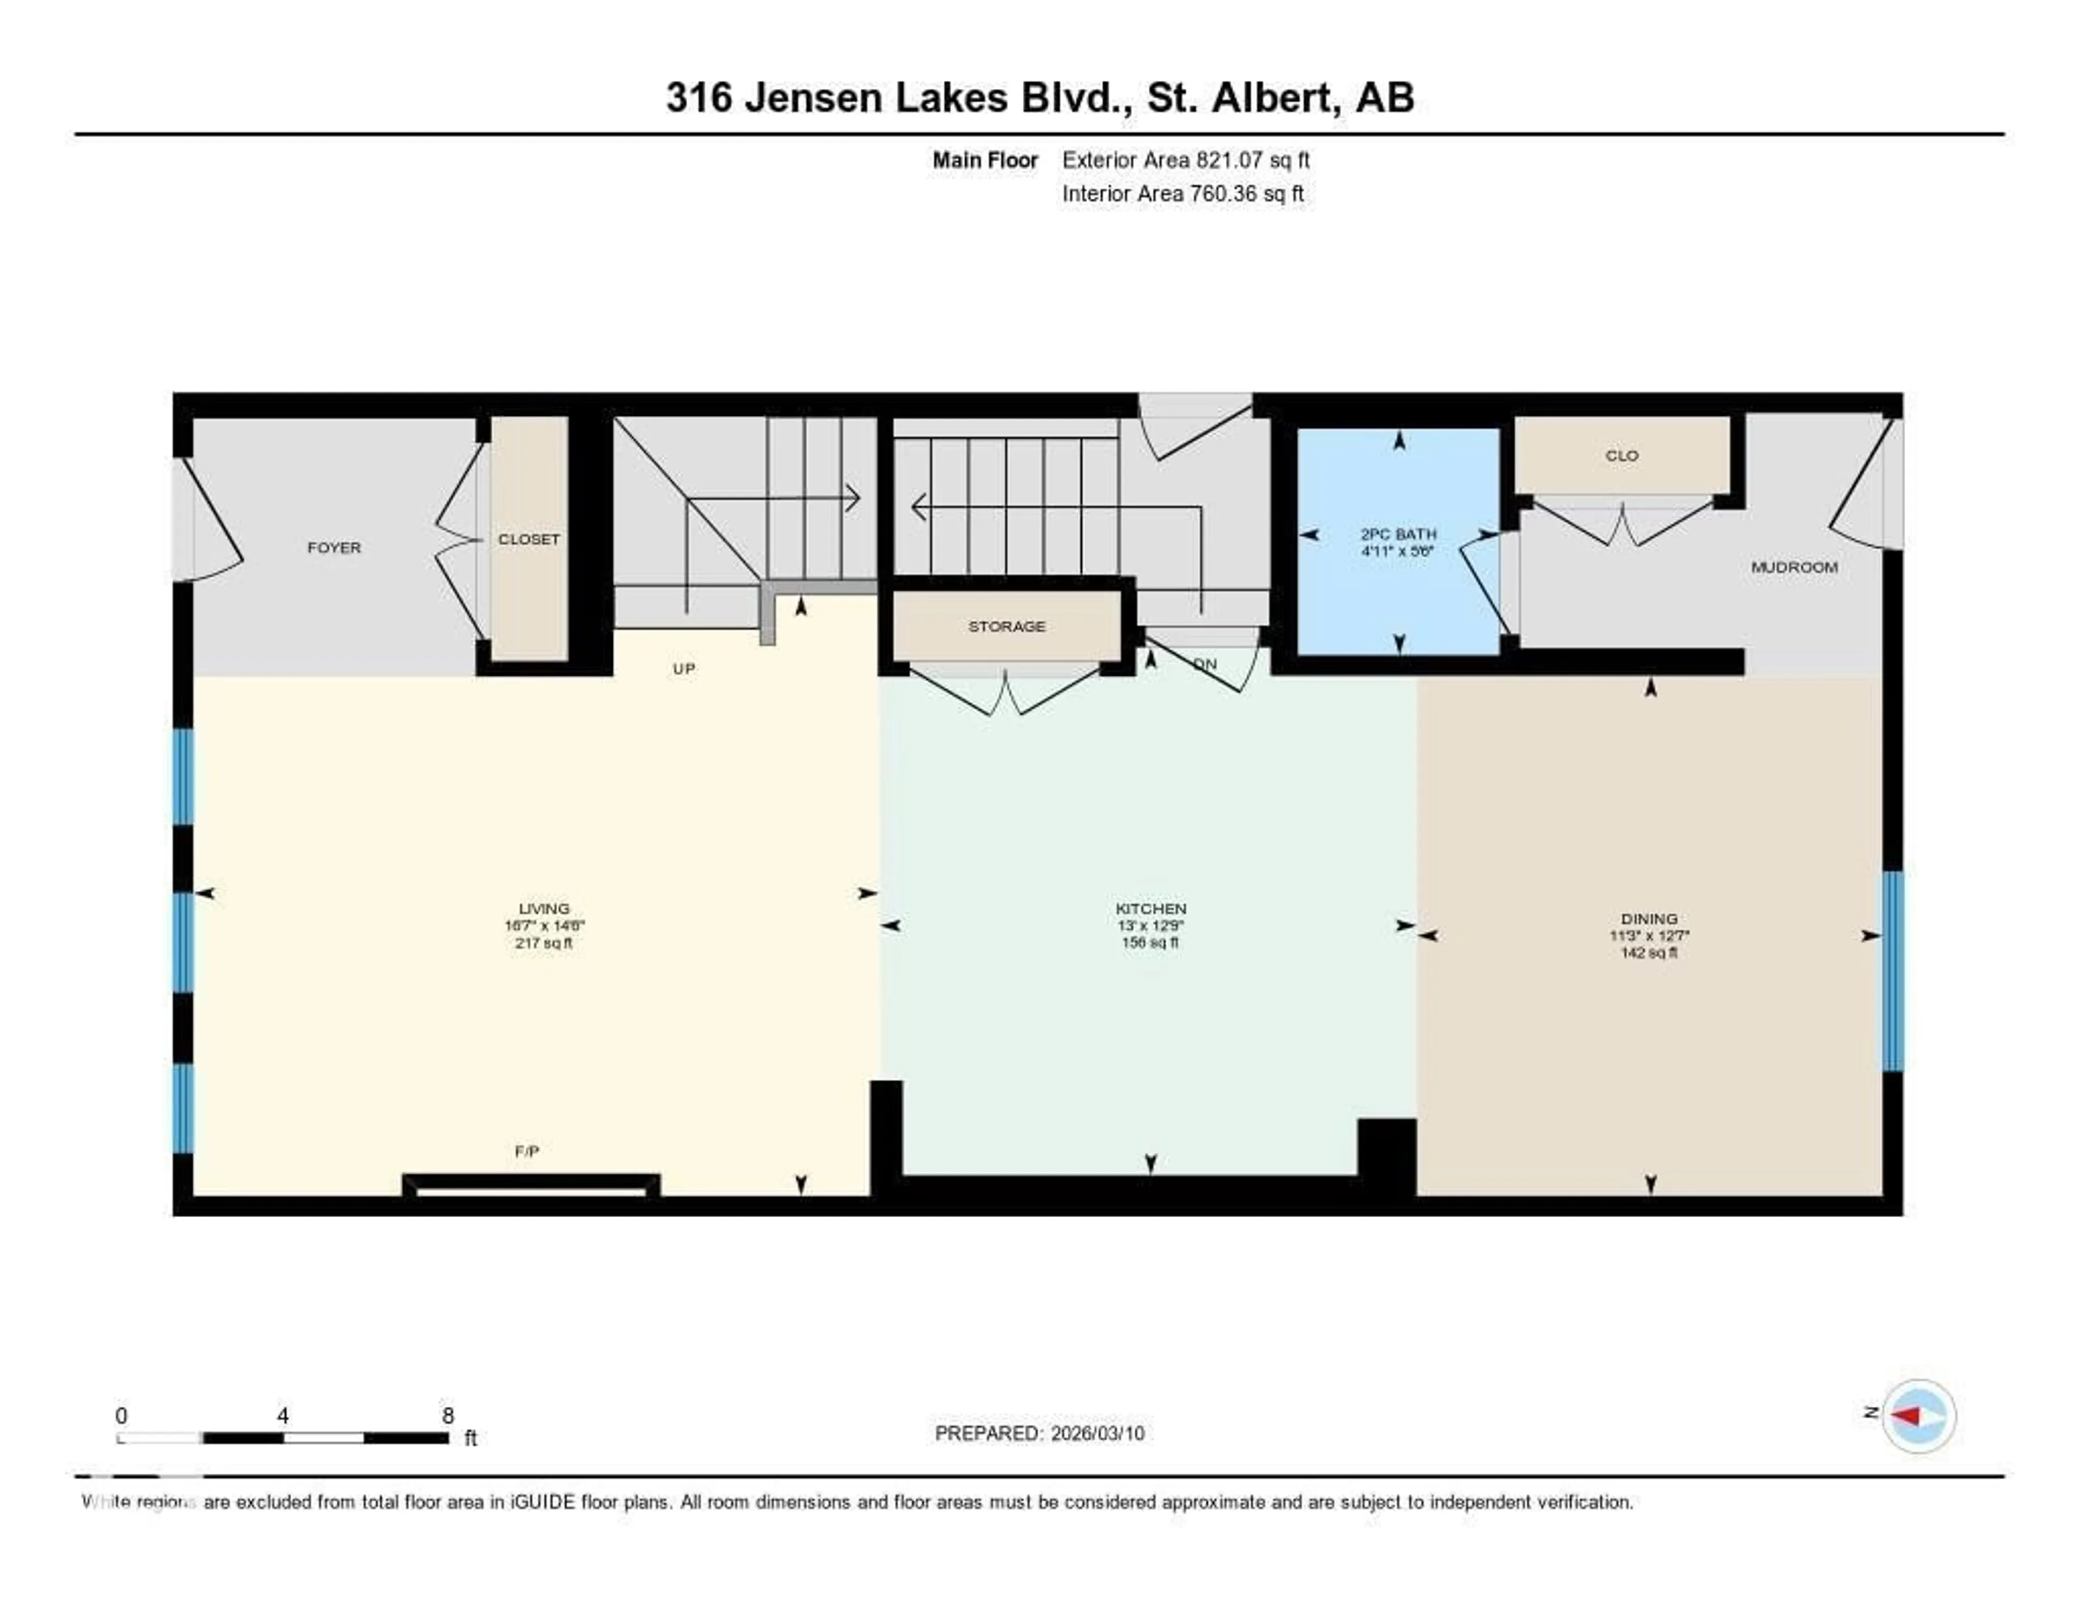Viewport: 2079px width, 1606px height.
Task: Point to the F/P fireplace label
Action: (x=526, y=1151)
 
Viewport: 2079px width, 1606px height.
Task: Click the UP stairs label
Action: (x=683, y=668)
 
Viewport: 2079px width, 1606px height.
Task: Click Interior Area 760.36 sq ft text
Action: (x=1182, y=193)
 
